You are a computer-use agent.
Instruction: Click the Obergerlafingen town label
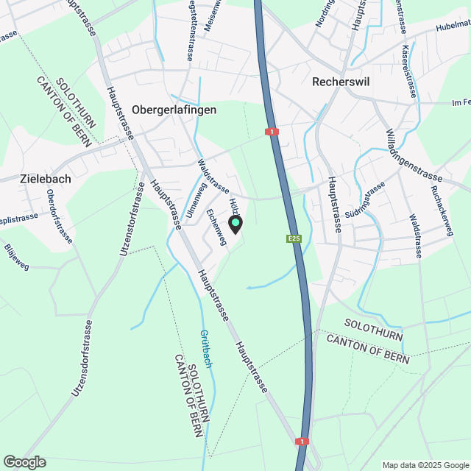tap(174, 110)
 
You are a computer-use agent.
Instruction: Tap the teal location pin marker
tap(235, 224)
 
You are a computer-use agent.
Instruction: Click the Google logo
tap(24, 461)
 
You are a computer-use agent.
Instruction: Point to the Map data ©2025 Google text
tap(425, 465)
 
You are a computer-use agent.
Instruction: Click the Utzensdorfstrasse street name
tap(80, 358)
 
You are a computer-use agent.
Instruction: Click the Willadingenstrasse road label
tap(414, 155)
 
